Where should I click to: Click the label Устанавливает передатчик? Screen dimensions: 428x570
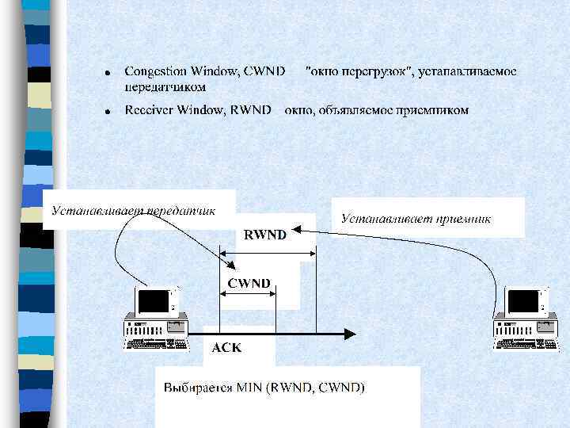click(134, 211)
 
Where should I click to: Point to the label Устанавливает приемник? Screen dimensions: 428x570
click(416, 217)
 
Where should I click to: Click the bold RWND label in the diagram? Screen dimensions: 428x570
click(265, 235)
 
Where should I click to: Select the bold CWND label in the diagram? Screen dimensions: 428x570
click(249, 283)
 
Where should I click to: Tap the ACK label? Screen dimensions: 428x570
click(226, 347)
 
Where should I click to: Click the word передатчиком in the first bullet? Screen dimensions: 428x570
click(165, 86)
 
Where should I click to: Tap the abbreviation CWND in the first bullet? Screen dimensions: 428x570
click(264, 72)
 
